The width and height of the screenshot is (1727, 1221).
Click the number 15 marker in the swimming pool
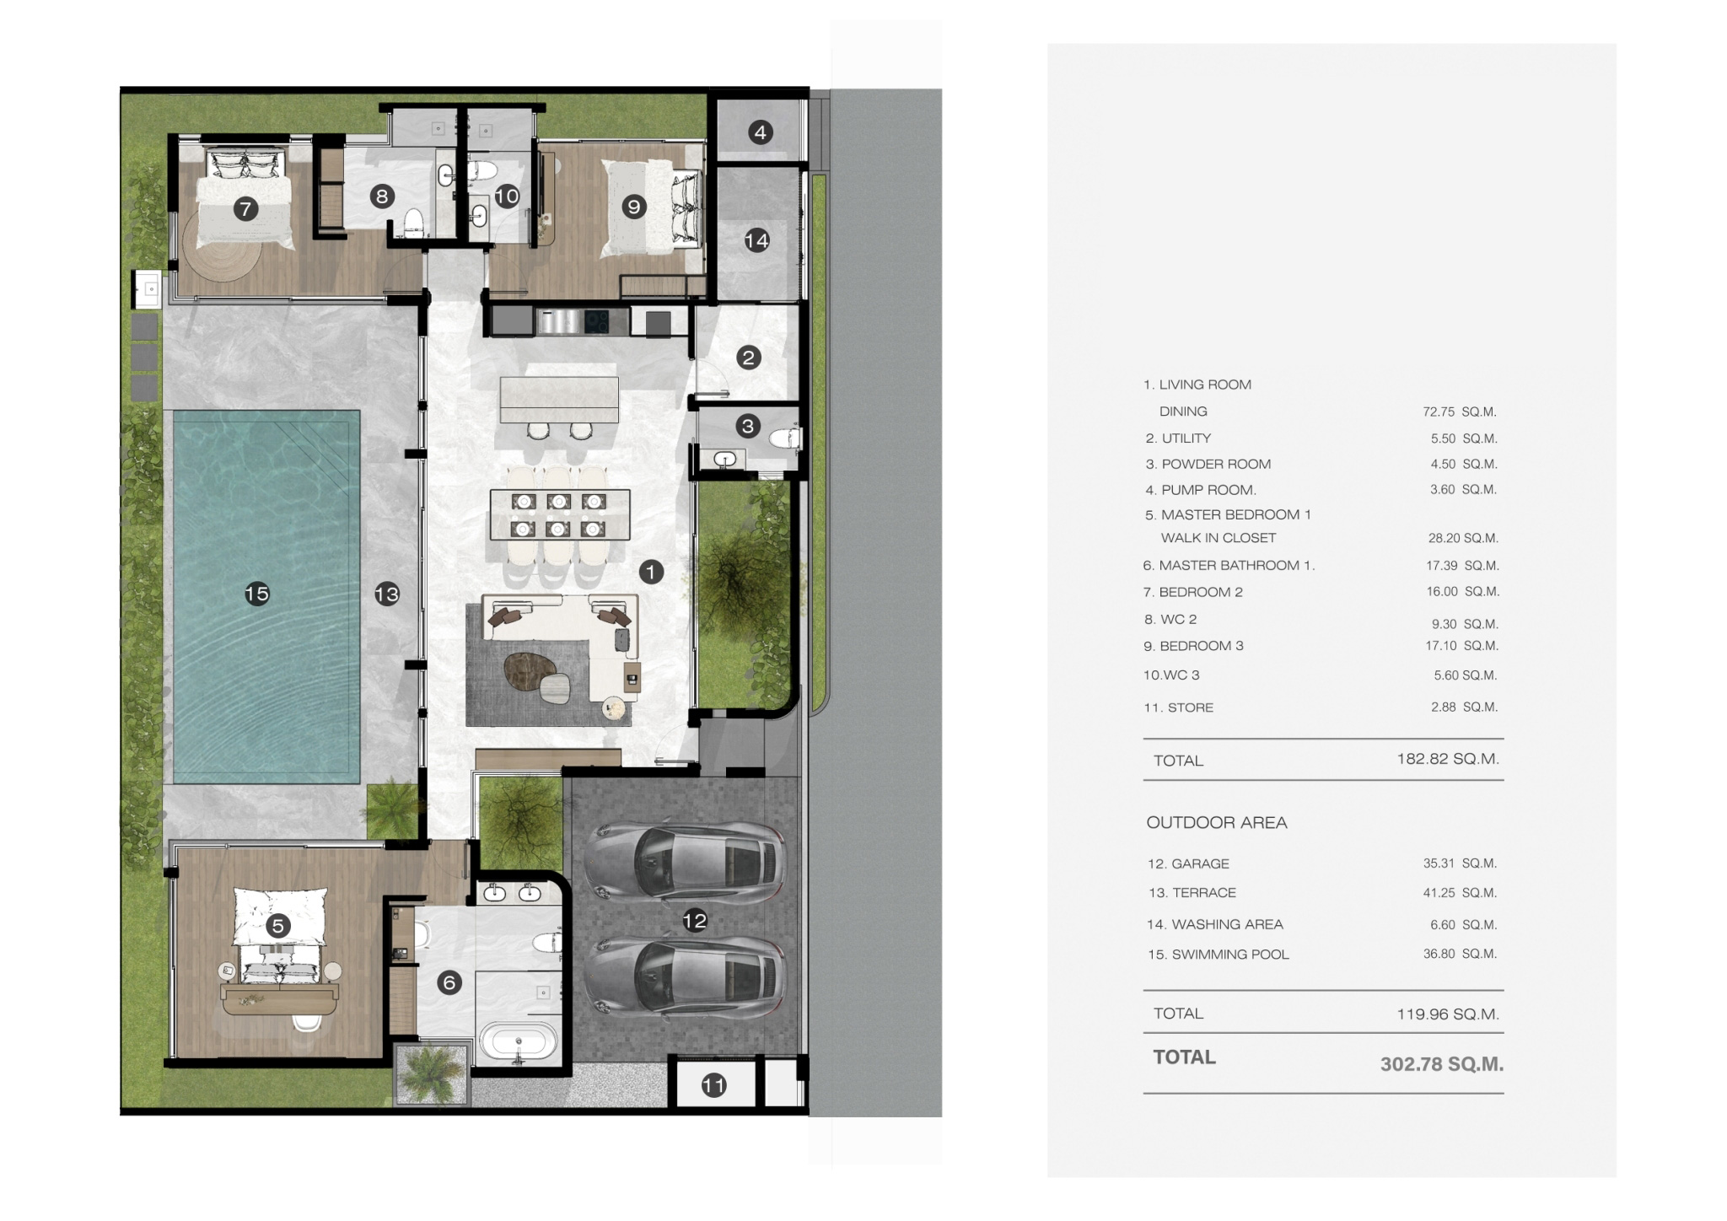coord(256,594)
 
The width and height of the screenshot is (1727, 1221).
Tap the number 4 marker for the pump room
coord(761,132)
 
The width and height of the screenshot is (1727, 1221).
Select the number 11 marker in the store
coord(713,1085)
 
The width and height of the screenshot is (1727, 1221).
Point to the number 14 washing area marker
coord(756,241)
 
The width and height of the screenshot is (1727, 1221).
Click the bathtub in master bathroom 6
coord(518,1042)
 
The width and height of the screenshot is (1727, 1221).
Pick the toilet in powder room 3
coord(787,438)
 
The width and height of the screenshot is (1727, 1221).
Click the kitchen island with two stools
coord(559,400)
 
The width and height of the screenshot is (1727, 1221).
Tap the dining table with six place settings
coord(560,514)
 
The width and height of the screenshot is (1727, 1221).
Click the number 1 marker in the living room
coord(651,572)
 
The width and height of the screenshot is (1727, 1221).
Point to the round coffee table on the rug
coord(525,670)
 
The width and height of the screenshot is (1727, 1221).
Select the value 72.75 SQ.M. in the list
coord(1460,412)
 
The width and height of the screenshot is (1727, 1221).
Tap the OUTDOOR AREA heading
coord(1217,823)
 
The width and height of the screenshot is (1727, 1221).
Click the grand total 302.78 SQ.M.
coord(1442,1064)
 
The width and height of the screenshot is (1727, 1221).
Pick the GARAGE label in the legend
coord(1200,863)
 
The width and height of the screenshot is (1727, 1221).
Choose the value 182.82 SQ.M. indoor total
coord(1448,759)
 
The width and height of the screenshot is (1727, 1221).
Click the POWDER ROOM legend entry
coord(1216,464)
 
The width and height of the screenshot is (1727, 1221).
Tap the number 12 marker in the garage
coord(695,921)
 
